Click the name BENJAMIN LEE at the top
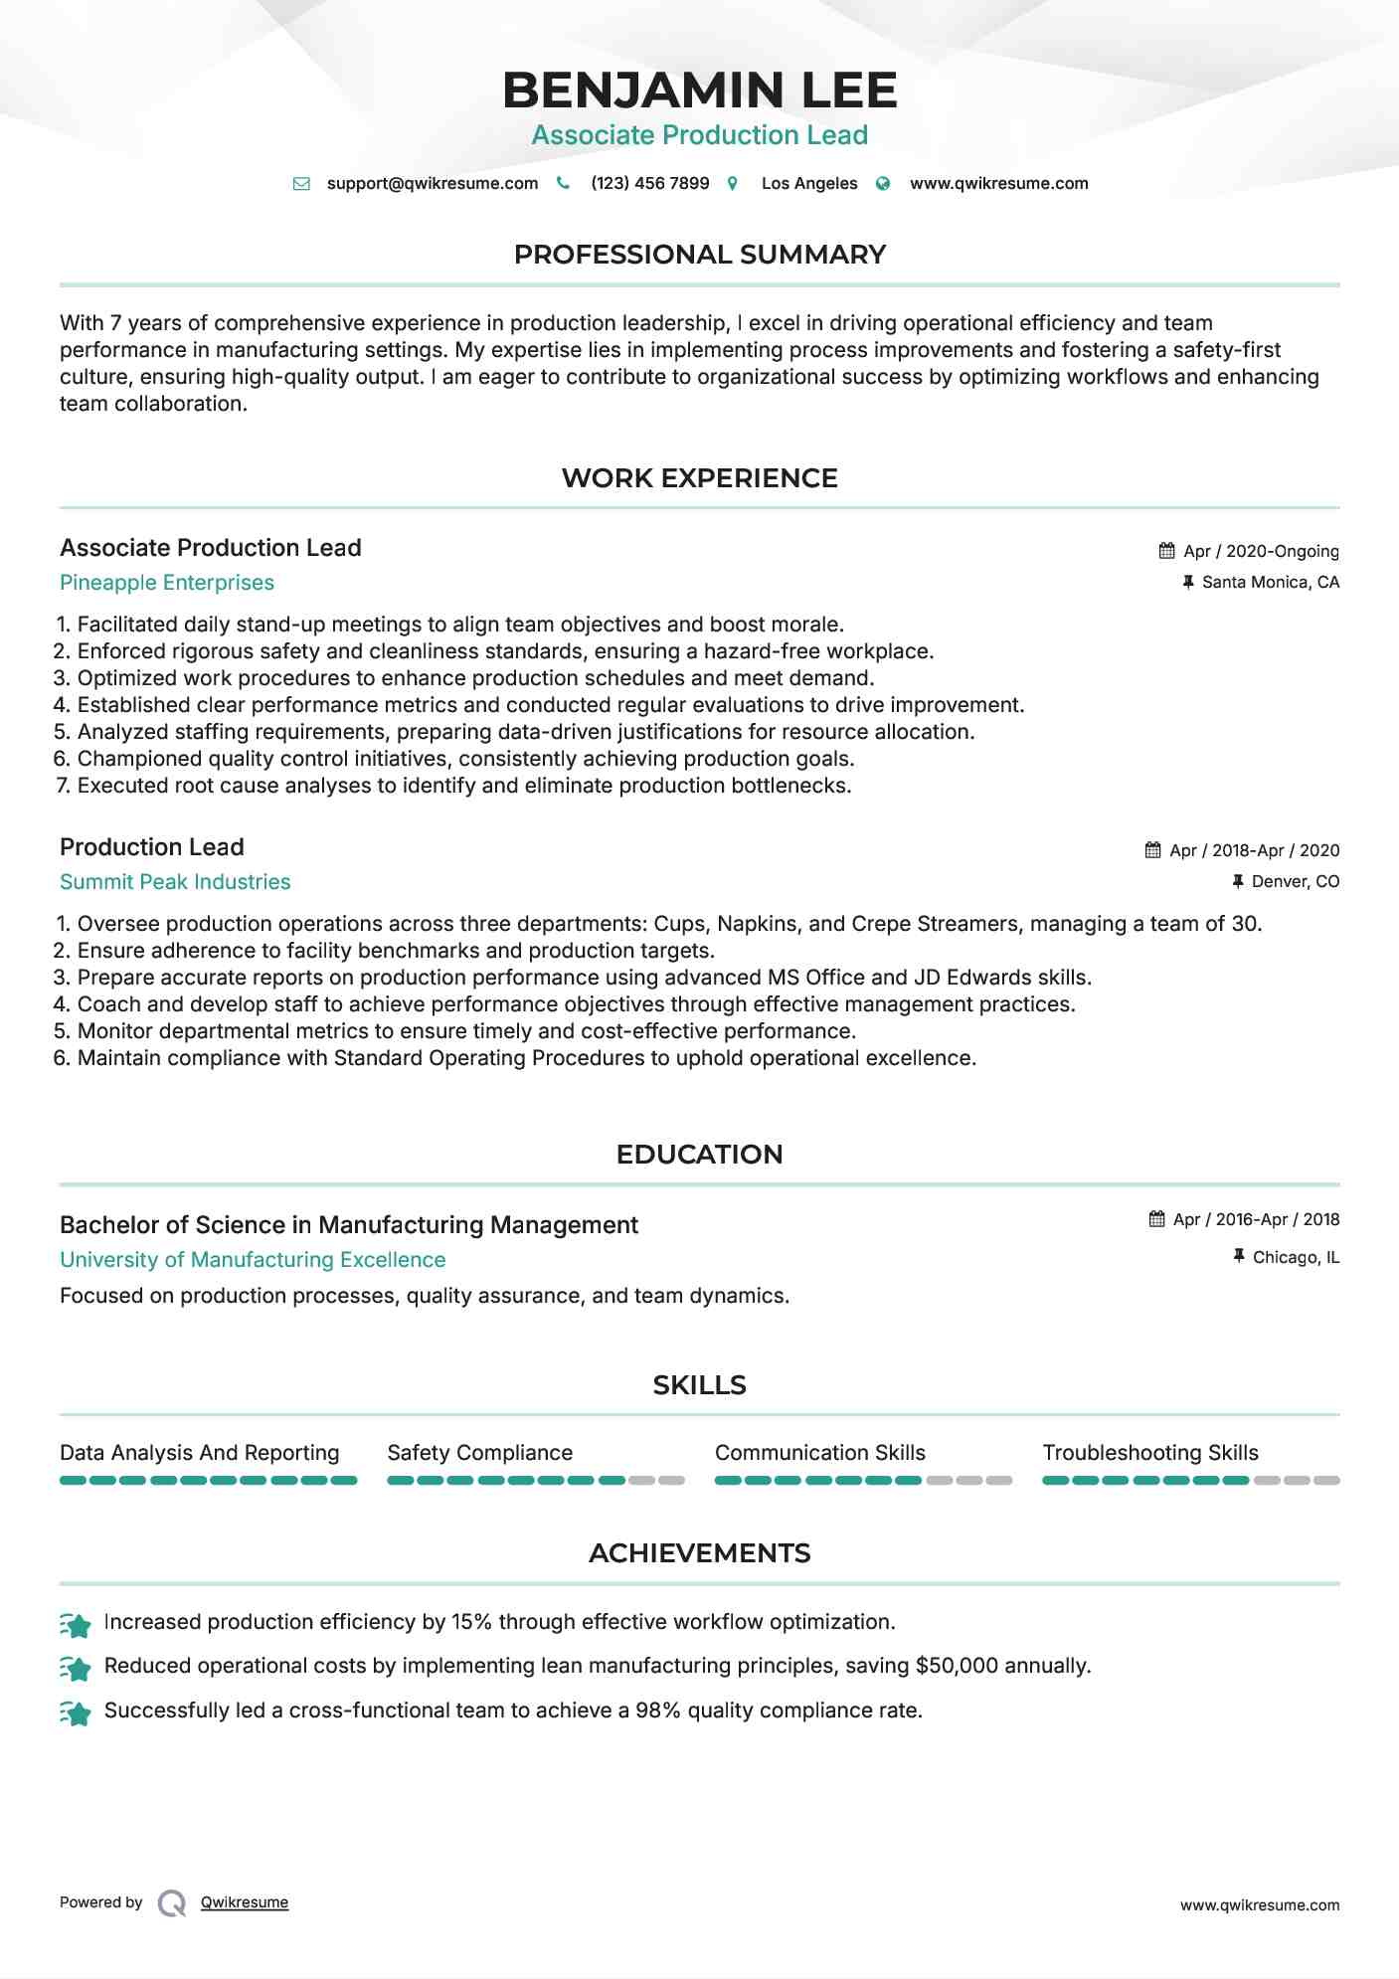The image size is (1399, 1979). click(699, 90)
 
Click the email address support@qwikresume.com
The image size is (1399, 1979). click(432, 183)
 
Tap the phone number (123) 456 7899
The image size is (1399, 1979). click(649, 183)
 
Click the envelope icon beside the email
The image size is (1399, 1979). click(301, 184)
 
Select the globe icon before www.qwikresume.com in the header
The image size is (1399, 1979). click(883, 184)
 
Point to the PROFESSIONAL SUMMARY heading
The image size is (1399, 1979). click(699, 255)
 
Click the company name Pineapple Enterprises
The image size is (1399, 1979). click(167, 583)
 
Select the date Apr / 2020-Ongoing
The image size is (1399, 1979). click(1261, 551)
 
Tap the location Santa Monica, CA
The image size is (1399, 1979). click(1270, 582)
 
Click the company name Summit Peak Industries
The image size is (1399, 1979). click(175, 882)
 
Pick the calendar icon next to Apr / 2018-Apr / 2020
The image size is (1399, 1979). click(1152, 850)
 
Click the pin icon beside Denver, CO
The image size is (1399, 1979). click(1238, 881)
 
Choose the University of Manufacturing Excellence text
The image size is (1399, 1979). click(253, 1260)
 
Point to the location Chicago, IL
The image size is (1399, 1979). click(1296, 1257)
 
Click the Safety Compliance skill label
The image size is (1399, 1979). click(479, 1453)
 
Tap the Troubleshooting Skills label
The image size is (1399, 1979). click(1150, 1453)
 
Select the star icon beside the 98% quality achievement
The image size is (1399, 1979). click(76, 1712)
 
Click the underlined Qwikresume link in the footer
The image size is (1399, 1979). click(245, 1902)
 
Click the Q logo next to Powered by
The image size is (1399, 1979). click(172, 1902)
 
